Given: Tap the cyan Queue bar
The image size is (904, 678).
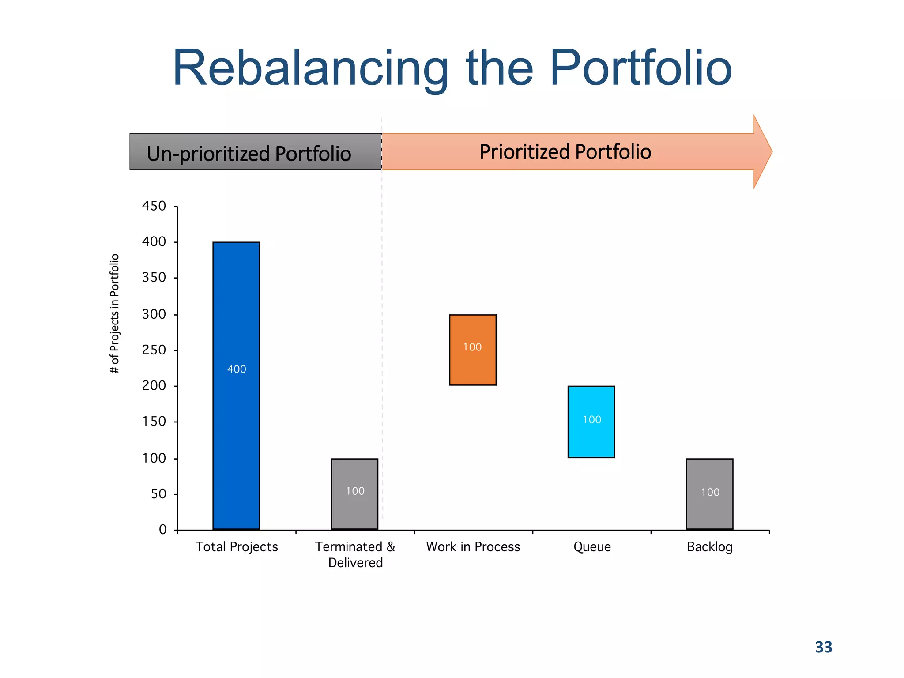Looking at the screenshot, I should coord(591,437).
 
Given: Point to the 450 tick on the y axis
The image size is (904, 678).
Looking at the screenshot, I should coord(154,206).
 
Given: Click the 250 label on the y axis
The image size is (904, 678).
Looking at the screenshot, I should coord(154,350).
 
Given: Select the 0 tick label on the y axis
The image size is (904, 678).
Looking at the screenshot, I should coord(163,530).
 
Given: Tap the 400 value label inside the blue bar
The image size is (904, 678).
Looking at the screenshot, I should coord(237,369).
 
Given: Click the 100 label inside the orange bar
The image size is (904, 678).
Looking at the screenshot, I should coord(472,347).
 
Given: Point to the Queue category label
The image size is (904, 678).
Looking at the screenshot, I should coord(592,547).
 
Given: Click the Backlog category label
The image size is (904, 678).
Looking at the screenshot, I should coord(709,547).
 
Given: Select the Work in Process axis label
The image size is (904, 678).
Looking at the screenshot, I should coord(473,547).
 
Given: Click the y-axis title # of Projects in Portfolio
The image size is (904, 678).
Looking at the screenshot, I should coord(114,313).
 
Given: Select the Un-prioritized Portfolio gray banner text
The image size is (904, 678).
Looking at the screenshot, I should coord(249,154).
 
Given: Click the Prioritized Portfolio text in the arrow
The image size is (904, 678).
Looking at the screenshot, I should coord(565,152).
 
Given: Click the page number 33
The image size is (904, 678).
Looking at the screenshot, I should coord(823,647).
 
